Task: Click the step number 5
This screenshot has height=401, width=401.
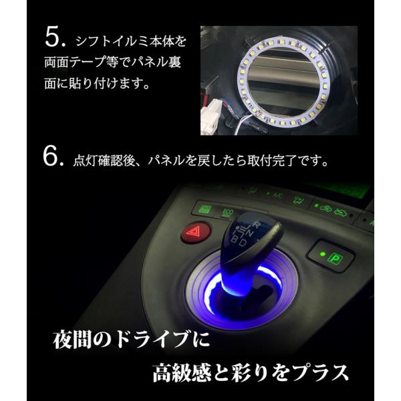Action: (55, 37)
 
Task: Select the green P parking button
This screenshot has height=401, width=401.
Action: (334, 258)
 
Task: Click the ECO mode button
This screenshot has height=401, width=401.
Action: (227, 213)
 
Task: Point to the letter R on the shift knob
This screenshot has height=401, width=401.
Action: (256, 225)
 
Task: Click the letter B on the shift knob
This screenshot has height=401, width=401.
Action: (235, 239)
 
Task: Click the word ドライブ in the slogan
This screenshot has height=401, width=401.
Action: (152, 340)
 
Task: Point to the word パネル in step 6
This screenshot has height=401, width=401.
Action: (166, 160)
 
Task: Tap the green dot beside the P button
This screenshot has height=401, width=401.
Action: (323, 254)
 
